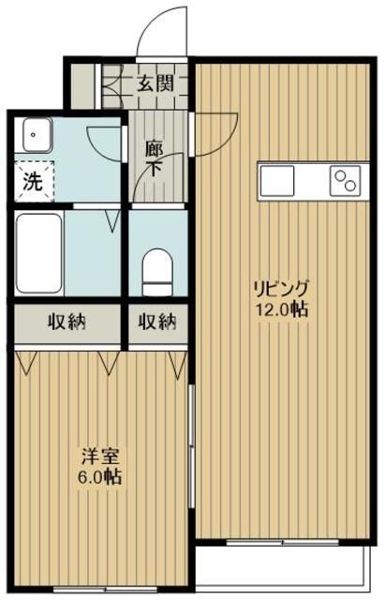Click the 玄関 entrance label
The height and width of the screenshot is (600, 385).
[156, 83]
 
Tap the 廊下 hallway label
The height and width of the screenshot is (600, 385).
[155, 158]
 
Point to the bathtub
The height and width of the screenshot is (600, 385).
[39, 253]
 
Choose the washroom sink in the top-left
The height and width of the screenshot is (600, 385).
[36, 138]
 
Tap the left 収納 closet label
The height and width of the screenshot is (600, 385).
[67, 322]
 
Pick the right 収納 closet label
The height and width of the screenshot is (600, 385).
[156, 322]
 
